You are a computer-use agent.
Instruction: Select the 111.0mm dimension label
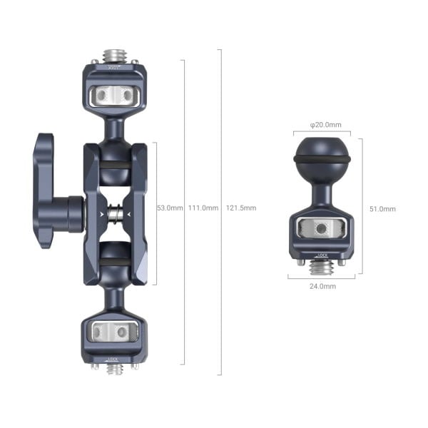[202, 208]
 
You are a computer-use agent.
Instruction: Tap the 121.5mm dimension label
[240, 208]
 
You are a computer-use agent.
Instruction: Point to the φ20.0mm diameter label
[322, 125]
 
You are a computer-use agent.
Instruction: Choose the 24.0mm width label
[322, 286]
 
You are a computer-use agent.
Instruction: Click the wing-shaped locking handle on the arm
[44, 190]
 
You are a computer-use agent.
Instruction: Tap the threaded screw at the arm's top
[115, 55]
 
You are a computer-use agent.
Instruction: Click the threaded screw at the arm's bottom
[115, 368]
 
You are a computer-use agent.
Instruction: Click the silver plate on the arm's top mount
[115, 94]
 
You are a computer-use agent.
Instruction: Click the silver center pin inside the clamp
[115, 213]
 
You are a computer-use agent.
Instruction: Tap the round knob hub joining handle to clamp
[73, 214]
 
